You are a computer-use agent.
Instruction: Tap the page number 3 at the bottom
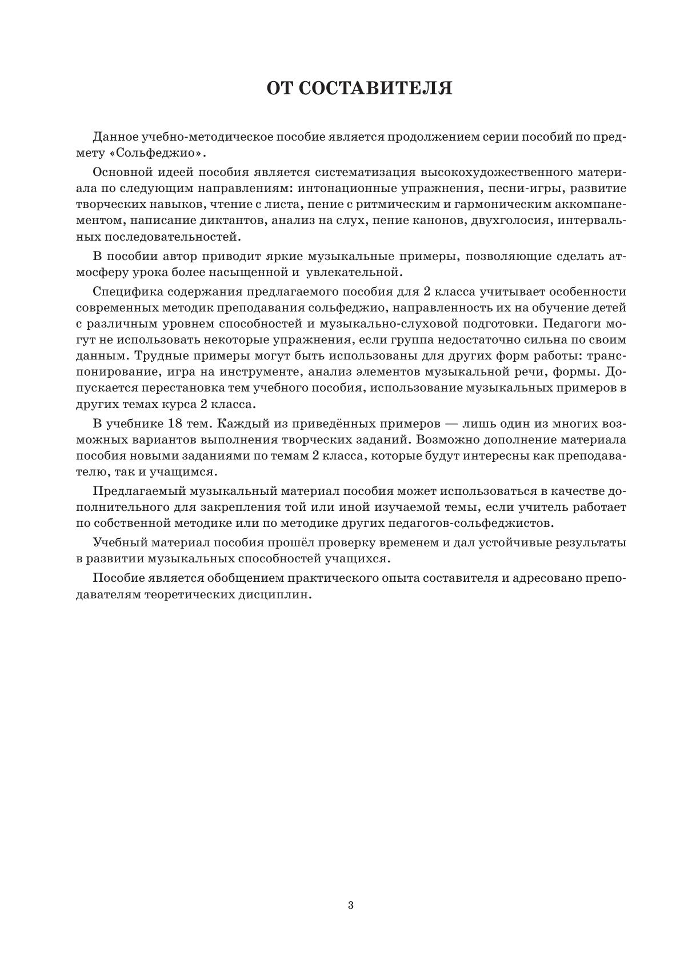pos(350,905)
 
